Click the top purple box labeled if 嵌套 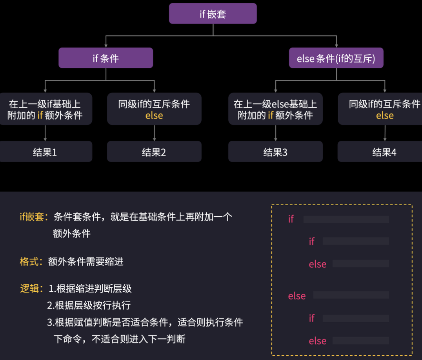(213, 14)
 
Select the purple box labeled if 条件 (105, 58)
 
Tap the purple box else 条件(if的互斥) (336, 58)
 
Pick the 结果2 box (154, 152)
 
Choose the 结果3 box (275, 152)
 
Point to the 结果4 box (384, 152)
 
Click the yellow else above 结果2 (154, 115)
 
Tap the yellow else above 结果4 (385, 115)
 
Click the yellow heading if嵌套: (34, 217)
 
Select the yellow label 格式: (31, 261)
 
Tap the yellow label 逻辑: (31, 289)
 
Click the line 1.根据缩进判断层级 (90, 289)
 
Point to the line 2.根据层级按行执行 (89, 305)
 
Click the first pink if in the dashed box (291, 219)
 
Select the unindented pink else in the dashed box (296, 296)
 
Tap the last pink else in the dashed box (318, 341)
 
